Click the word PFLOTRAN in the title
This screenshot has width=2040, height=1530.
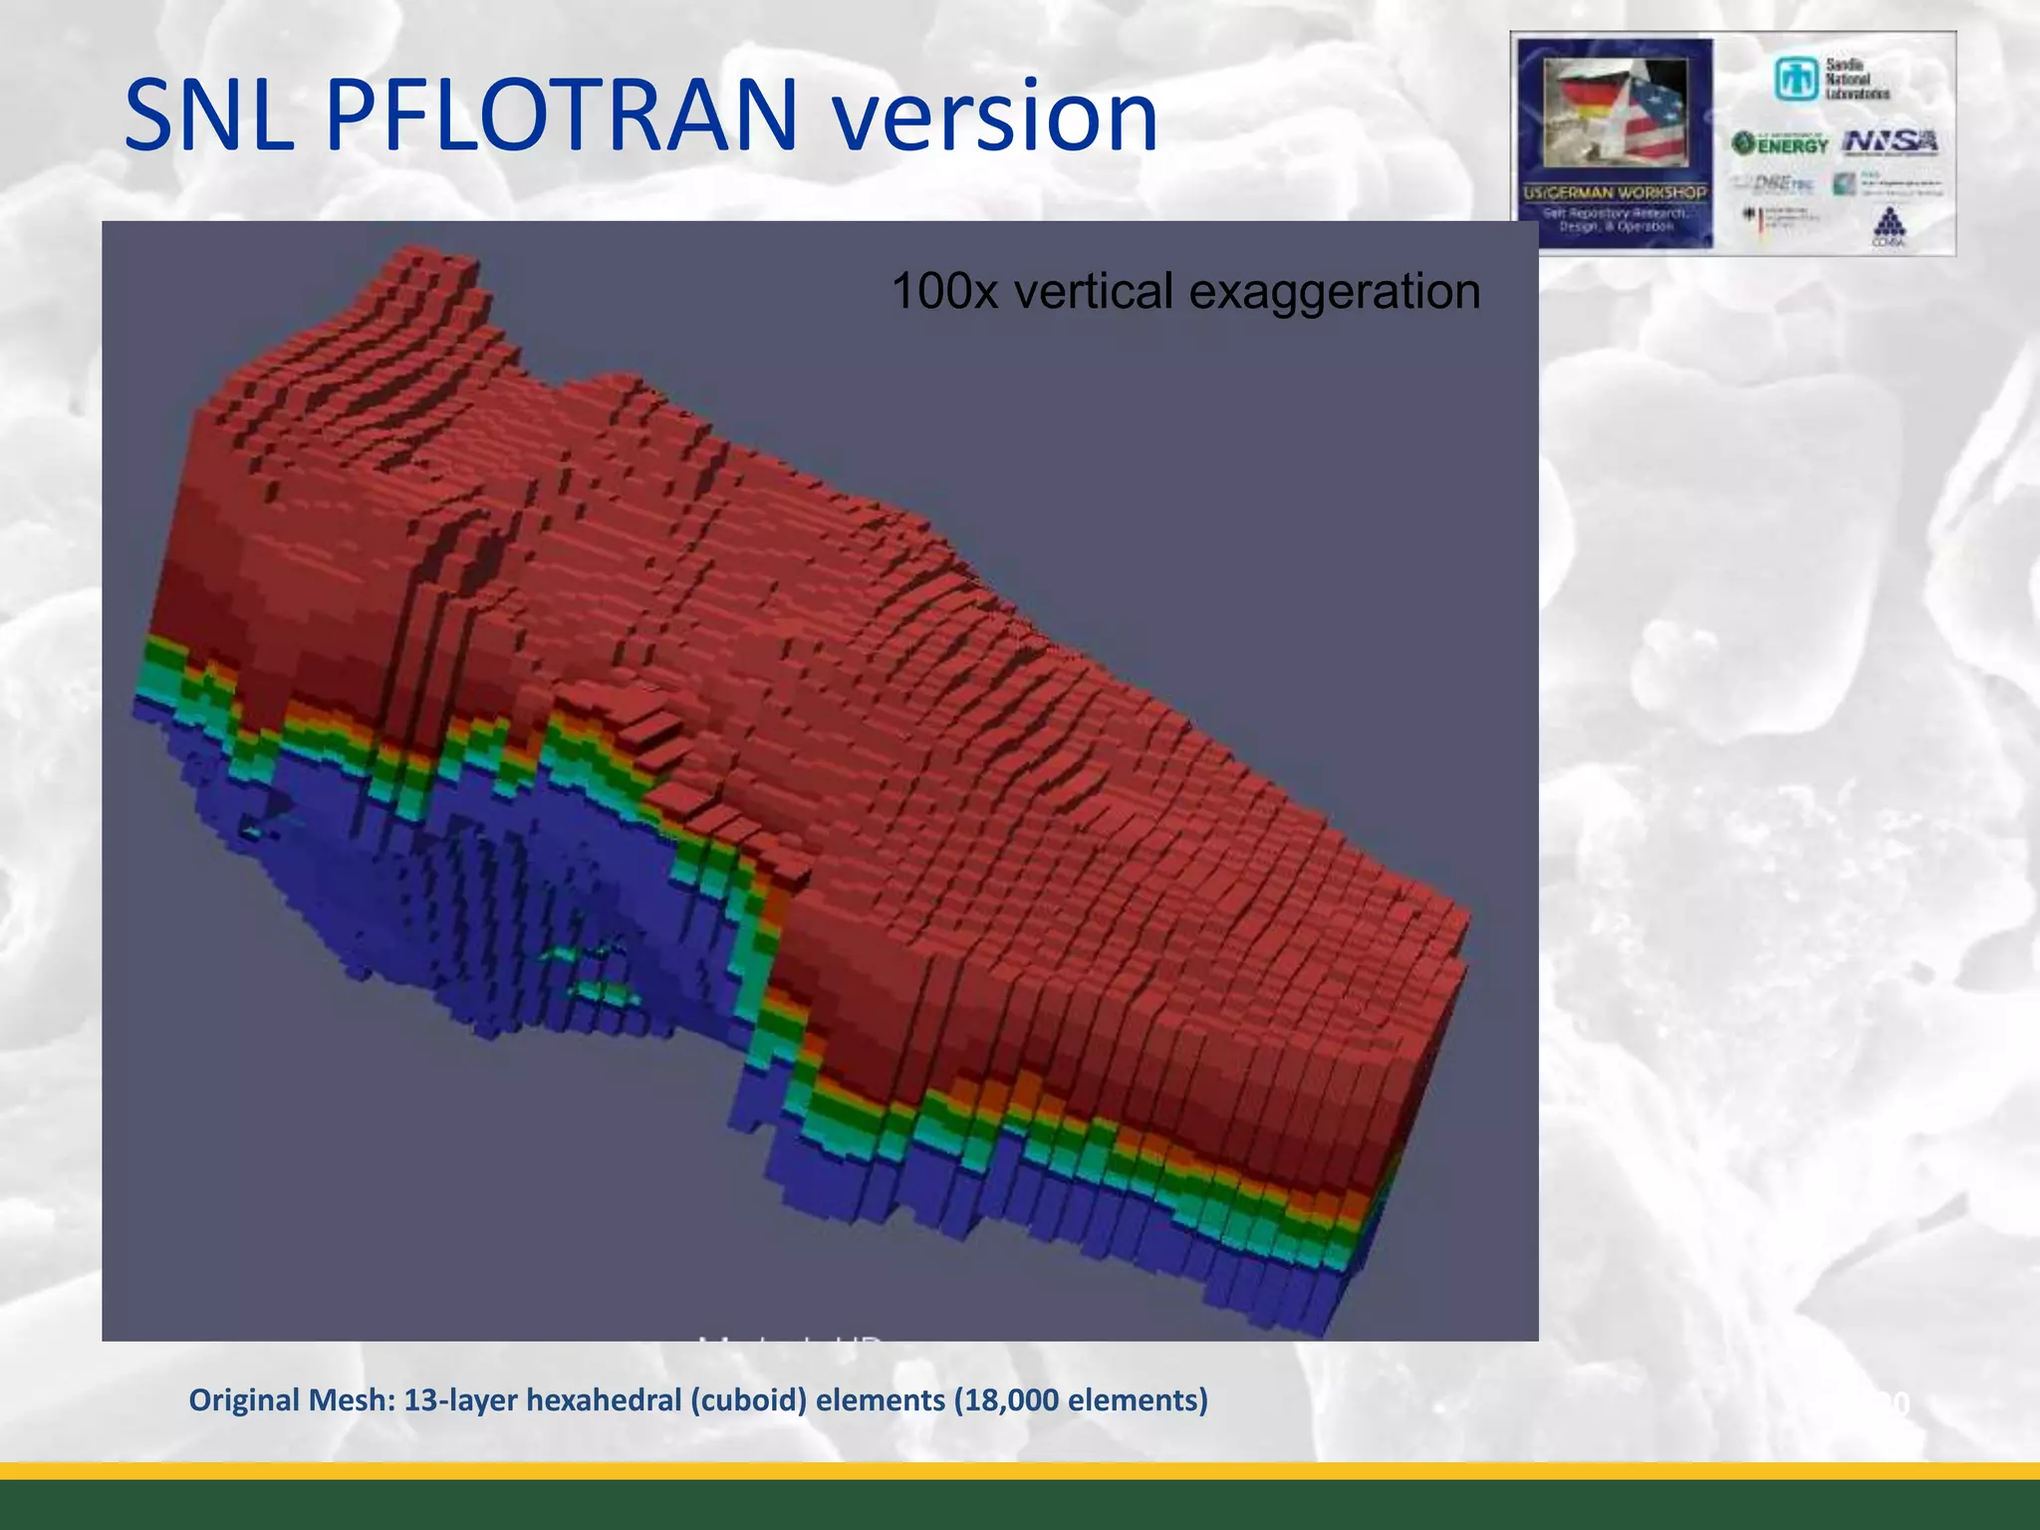point(561,117)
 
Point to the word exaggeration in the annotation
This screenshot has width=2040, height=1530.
point(1335,292)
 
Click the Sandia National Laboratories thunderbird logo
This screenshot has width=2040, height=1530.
point(1795,79)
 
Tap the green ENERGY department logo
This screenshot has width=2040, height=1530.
point(1780,143)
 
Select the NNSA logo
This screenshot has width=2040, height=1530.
point(1890,142)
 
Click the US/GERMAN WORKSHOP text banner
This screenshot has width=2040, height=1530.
point(1615,192)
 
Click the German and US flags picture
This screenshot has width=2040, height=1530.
point(1615,112)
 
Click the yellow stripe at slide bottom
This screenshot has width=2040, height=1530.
point(1020,1470)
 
